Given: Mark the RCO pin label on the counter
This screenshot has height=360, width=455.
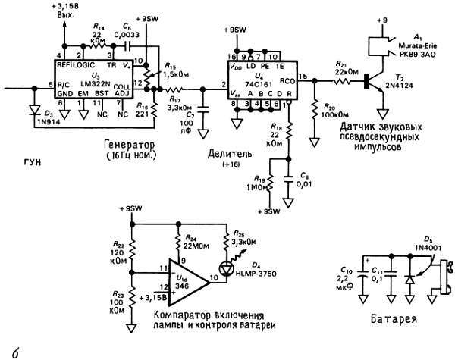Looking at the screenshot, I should click(x=287, y=78).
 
